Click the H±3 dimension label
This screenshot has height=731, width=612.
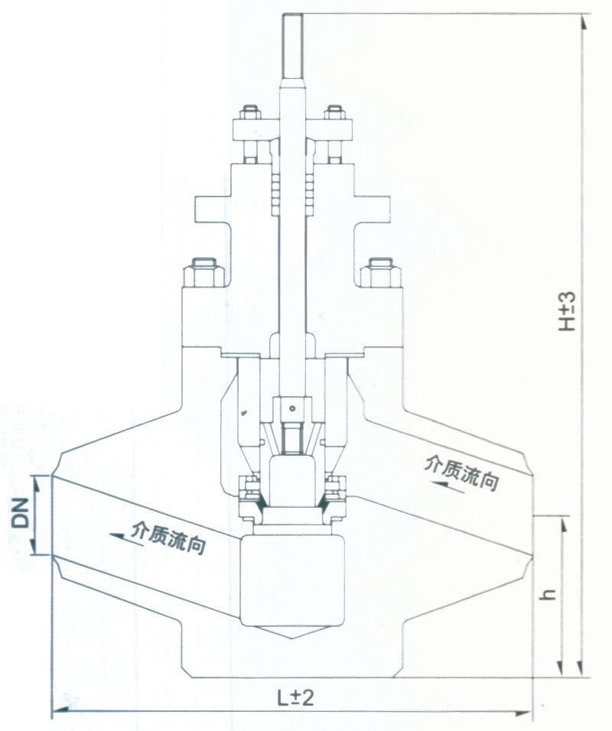coord(568,311)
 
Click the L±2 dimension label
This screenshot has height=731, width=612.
coord(295,698)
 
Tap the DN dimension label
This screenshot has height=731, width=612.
coord(21,513)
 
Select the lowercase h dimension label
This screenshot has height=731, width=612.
coord(550,594)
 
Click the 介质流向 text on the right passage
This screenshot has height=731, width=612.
coord(462,473)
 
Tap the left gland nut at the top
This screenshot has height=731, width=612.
coord(250,113)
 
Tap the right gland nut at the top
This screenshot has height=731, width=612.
coord(334,113)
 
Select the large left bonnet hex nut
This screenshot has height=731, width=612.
coord(203,274)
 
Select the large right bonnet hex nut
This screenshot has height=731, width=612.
coord(381,274)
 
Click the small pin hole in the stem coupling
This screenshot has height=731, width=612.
coord(292,408)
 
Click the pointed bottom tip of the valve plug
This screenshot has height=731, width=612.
coord(292,638)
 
